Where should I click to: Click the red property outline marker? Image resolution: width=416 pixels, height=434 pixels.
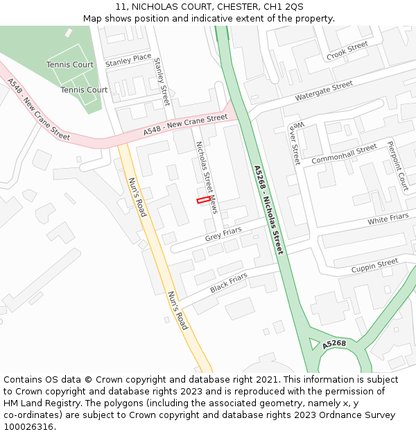tap(203, 200)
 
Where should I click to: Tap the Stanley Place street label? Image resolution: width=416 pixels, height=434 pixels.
tap(128, 60)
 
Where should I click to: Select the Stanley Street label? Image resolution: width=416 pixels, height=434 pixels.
tap(162, 82)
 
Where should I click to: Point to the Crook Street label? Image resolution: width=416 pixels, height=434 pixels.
tap(347, 50)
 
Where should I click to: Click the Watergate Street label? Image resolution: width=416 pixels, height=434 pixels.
tap(324, 91)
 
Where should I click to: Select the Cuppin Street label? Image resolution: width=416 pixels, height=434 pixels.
tap(374, 265)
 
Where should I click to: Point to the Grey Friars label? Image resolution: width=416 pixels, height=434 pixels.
tap(223, 235)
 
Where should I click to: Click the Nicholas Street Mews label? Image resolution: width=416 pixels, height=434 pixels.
tap(206, 178)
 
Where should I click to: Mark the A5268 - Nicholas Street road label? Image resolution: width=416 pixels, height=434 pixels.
tap(268, 209)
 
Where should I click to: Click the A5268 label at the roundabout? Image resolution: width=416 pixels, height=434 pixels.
tap(333, 344)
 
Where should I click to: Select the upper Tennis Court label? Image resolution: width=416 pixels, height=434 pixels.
tap(70, 65)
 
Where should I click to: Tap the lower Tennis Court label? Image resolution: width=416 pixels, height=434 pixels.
tap(84, 90)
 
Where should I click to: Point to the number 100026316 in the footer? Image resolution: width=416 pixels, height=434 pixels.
tap(29, 426)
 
